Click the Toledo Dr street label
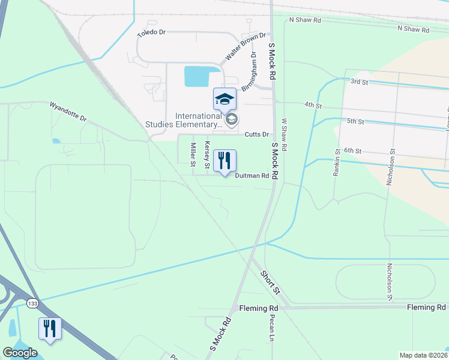(x=151, y=33)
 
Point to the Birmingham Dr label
(x=249, y=71)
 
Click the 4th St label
(x=313, y=105)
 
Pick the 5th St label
(x=355, y=121)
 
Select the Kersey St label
(x=208, y=154)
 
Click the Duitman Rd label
(x=251, y=176)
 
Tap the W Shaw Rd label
(x=286, y=134)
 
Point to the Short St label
(x=270, y=281)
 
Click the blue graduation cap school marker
(x=224, y=100)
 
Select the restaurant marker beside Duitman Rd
(x=224, y=161)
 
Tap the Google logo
(x=20, y=353)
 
